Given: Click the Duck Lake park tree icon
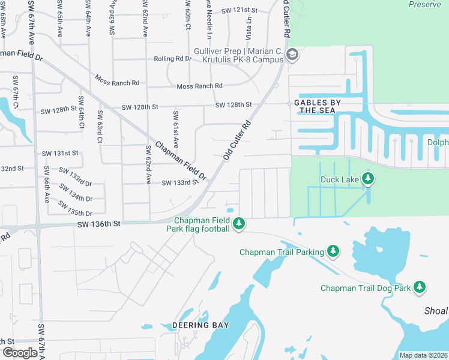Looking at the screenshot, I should pos(368,178).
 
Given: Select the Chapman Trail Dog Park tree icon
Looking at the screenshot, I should pos(420,288).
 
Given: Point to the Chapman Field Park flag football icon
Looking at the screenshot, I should pos(239,224).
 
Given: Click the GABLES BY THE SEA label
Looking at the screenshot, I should pos(317,106).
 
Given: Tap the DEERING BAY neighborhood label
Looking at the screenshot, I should pos(200,325).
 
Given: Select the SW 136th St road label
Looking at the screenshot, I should pos(99,223).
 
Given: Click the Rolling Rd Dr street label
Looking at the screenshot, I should pos(173,59).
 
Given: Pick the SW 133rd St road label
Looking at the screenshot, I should pos(179,182).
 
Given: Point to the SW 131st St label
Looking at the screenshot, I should pos(60,153).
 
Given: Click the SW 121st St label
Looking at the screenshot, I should pos(239,11).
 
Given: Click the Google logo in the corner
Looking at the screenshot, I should pos(20,353).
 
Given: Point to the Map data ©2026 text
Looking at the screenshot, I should pos(423,355).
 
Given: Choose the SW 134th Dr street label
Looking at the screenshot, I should pos(76,194).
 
